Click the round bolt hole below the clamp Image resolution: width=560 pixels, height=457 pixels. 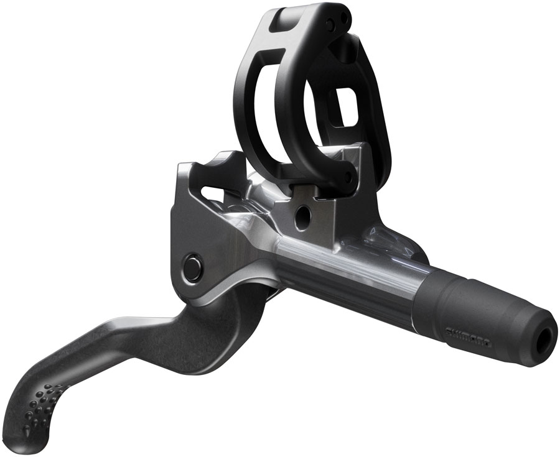[303, 216]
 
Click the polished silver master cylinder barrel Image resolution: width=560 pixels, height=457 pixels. [348, 274]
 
